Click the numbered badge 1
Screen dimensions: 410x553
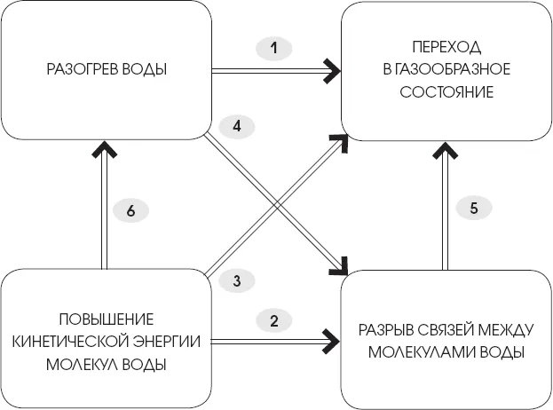pos(275,48)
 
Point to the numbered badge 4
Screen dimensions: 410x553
pos(237,126)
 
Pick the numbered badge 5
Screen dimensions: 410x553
pos(474,209)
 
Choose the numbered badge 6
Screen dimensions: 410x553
pos(130,211)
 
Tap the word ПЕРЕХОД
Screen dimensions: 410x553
pos(435,46)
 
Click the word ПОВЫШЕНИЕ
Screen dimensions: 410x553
pos(106,318)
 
